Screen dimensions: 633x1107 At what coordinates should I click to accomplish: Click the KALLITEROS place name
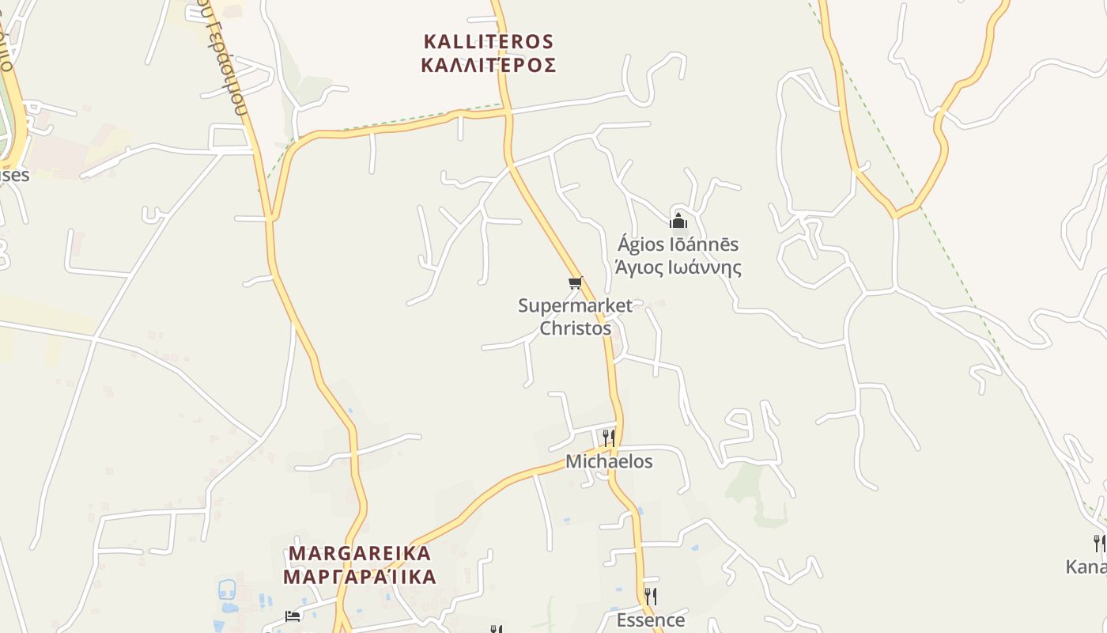click(488, 41)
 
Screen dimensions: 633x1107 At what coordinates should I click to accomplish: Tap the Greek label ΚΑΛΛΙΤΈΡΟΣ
click(488, 65)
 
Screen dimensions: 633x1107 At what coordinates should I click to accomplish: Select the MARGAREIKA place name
click(360, 553)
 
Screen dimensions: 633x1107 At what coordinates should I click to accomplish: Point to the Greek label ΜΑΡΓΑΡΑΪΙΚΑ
click(360, 576)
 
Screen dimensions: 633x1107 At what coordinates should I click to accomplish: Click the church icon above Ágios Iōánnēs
click(678, 221)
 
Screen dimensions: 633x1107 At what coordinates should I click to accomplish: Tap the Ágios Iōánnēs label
click(678, 244)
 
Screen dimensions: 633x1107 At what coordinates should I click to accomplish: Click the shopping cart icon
click(575, 282)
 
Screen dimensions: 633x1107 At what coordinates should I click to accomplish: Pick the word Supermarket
click(575, 305)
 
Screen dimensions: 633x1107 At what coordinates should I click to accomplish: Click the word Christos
click(575, 328)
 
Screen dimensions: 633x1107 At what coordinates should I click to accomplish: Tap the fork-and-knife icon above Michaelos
click(608, 438)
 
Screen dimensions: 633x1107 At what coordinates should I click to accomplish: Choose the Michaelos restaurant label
click(609, 461)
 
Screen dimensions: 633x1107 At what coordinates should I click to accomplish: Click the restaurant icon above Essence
click(650, 596)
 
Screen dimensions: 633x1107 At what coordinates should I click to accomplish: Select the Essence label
click(650, 620)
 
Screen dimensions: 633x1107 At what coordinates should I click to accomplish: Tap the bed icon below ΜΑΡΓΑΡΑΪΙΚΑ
click(293, 616)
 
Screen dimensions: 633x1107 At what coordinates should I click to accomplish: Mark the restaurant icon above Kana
click(1099, 543)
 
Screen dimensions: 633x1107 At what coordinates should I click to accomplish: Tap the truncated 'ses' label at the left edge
click(14, 175)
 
